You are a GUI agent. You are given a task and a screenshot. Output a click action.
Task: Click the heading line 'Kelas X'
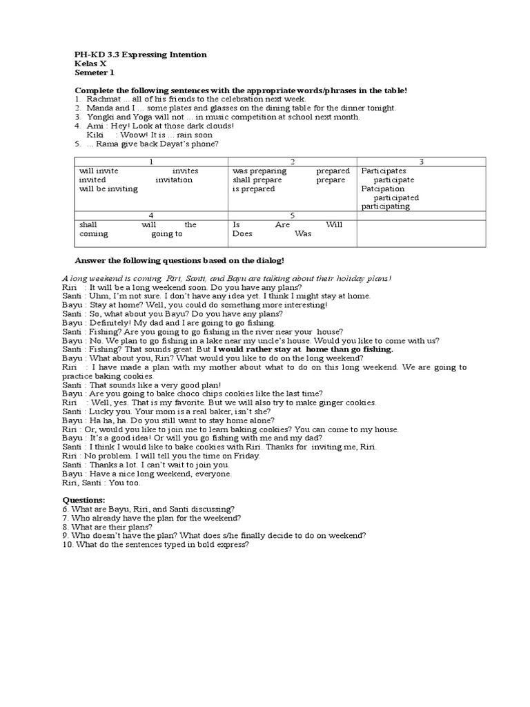pyautogui.click(x=90, y=64)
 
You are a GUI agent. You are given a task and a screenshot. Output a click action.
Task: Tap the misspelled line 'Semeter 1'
pyautogui.click(x=95, y=72)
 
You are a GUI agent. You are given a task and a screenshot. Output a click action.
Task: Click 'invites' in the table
pyautogui.click(x=185, y=171)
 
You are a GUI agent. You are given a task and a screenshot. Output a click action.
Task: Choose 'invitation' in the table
pyautogui.click(x=174, y=180)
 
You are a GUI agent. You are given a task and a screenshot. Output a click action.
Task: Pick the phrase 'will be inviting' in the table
pyautogui.click(x=108, y=188)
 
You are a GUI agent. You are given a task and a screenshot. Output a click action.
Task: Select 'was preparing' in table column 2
pyautogui.click(x=258, y=171)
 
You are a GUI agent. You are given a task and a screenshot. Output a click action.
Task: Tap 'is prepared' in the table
pyautogui.click(x=253, y=188)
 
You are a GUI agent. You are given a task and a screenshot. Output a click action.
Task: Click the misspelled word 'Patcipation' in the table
pyautogui.click(x=384, y=188)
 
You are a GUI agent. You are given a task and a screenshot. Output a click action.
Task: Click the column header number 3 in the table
pyautogui.click(x=421, y=162)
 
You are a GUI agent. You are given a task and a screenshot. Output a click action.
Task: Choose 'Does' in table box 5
pyautogui.click(x=242, y=234)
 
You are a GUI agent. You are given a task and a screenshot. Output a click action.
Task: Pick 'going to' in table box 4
pyautogui.click(x=167, y=234)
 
